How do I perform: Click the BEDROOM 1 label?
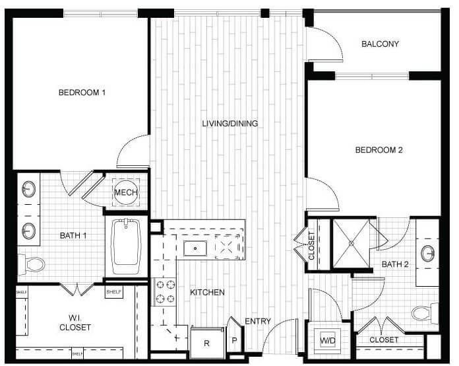tap(82, 92)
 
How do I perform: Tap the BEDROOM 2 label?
tap(379, 150)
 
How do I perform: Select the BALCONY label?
tap(381, 44)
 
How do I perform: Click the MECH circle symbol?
tap(125, 192)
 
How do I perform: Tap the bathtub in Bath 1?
tap(128, 246)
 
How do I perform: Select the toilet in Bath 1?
tap(32, 264)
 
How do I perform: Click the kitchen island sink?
tap(195, 248)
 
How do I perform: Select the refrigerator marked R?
tap(206, 343)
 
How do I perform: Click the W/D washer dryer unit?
tap(327, 341)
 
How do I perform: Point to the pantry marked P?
tap(234, 341)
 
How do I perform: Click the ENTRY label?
tap(258, 322)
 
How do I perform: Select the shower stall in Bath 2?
tap(352, 243)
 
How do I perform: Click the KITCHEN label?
tap(207, 292)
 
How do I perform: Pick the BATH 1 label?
tap(73, 235)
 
